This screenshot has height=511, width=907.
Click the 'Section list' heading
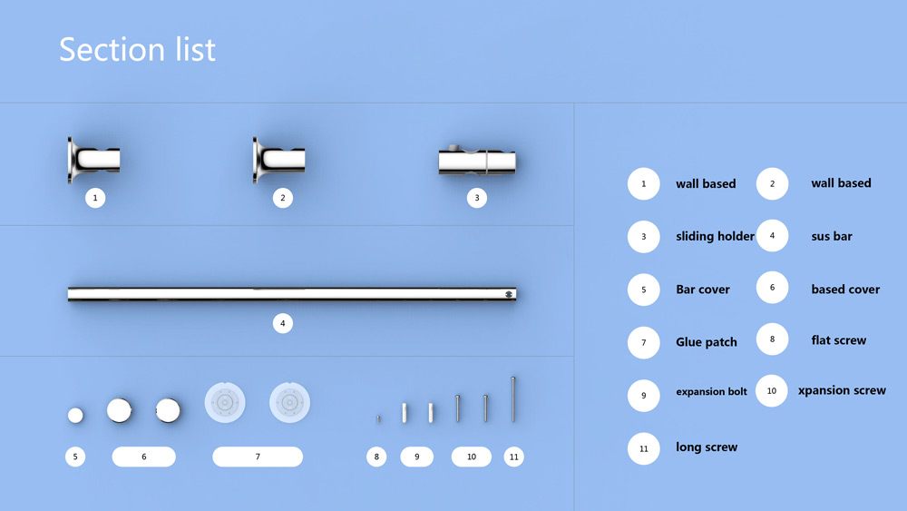137,49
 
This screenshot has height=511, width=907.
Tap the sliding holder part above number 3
477,161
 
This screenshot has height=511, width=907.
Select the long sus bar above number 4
292,294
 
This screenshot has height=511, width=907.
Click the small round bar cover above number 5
75,416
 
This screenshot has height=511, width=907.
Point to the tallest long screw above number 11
513,399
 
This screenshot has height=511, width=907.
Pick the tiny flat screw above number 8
378,419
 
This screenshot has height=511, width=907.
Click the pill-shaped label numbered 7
258,457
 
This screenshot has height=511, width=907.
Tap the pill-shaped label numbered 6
144,457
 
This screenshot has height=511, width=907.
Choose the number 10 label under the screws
472,457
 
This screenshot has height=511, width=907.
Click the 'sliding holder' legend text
715,236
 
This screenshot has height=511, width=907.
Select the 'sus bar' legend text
832,236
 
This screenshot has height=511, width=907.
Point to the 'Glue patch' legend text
707,342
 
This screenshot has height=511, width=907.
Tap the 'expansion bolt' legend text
711,392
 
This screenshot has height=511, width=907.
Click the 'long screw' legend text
707,447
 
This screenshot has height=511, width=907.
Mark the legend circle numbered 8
772,339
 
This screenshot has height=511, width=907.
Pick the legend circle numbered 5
644,290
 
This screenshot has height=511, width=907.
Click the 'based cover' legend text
845,290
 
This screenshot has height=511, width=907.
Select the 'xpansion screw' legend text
842,390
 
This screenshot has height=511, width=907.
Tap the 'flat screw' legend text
839,340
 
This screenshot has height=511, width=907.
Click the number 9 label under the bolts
417,457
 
